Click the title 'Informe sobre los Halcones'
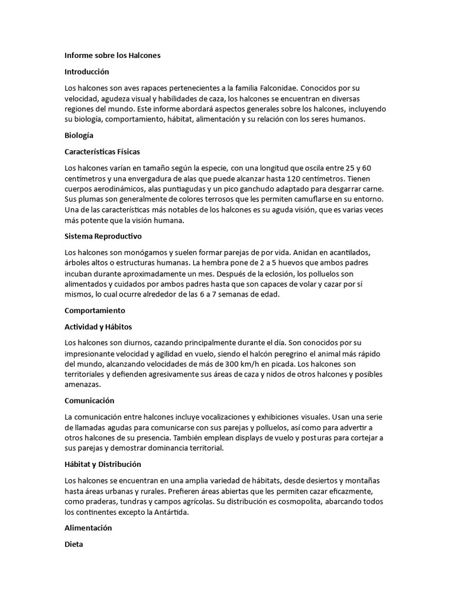click(112, 56)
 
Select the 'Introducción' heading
click(87, 72)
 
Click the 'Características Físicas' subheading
click(102, 151)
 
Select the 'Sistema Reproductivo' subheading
click(103, 236)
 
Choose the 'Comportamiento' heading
click(95, 311)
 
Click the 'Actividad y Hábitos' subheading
click(98, 327)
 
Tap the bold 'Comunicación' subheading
click(89, 401)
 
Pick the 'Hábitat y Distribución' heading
click(103, 464)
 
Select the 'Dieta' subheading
click(74, 543)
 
